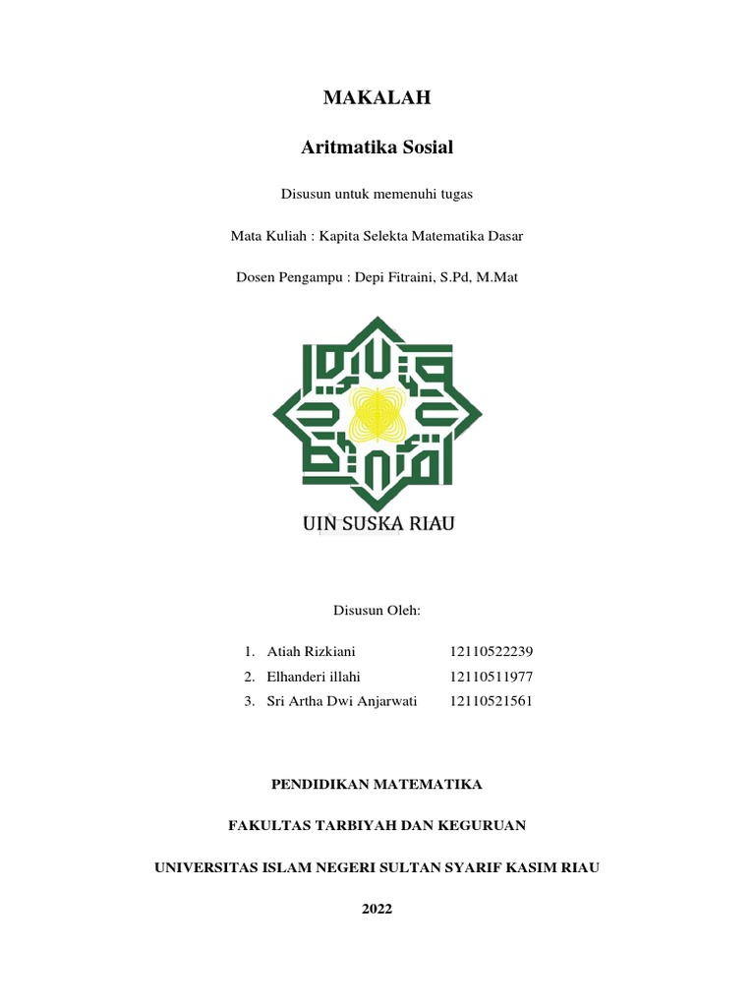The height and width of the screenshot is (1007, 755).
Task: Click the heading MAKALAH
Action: tap(377, 97)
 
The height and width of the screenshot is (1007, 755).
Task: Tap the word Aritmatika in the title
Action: tap(342, 148)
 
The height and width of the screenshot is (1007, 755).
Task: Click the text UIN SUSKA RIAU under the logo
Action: tap(377, 523)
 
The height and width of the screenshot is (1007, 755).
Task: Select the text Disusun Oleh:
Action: tap(377, 611)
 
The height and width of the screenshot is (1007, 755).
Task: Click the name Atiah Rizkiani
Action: tap(312, 652)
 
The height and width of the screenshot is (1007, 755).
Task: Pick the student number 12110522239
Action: tap(491, 652)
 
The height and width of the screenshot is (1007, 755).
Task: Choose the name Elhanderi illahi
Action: tap(314, 677)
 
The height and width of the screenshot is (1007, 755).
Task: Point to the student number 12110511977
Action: tap(491, 677)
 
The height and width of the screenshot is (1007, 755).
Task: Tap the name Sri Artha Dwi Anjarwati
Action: tap(342, 701)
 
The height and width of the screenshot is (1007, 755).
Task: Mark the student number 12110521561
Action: tap(491, 701)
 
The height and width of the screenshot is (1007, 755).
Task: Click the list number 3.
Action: tap(250, 701)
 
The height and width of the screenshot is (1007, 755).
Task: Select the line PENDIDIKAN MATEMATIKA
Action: tap(377, 784)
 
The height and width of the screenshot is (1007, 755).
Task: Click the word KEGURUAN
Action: tap(481, 825)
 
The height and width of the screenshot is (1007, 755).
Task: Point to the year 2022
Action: tap(377, 909)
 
